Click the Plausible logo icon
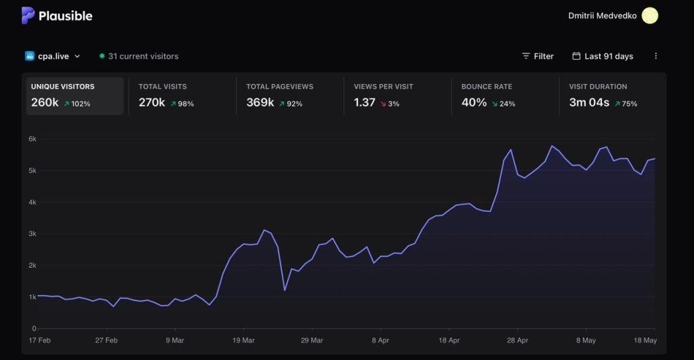pos(28,16)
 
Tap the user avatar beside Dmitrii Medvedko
pos(650,16)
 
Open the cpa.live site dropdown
pos(53,56)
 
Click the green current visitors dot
pos(102,56)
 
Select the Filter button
pos(537,56)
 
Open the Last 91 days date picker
pos(603,56)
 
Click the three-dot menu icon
pos(656,56)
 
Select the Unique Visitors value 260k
pos(45,102)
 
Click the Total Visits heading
pos(163,86)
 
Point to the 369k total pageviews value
pos(260,102)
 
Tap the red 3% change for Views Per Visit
pos(390,104)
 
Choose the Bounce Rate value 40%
pos(474,102)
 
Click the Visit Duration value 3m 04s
pos(589,102)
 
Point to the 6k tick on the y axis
pos(33,139)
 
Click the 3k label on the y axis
pos(33,234)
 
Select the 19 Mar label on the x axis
pos(243,340)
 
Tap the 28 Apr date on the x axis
pos(517,340)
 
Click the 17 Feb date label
pos(39,340)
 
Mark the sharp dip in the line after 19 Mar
pos(285,290)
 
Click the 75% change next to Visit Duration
pos(626,104)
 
